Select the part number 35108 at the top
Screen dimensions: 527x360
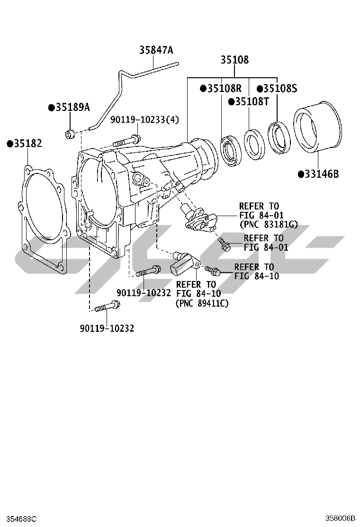(234, 60)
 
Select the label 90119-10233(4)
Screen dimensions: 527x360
(144, 120)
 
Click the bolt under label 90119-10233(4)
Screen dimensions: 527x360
(126, 141)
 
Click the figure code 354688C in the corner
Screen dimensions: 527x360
(18, 519)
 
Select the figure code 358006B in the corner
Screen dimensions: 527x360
(340, 519)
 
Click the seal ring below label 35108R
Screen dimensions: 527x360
(231, 151)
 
